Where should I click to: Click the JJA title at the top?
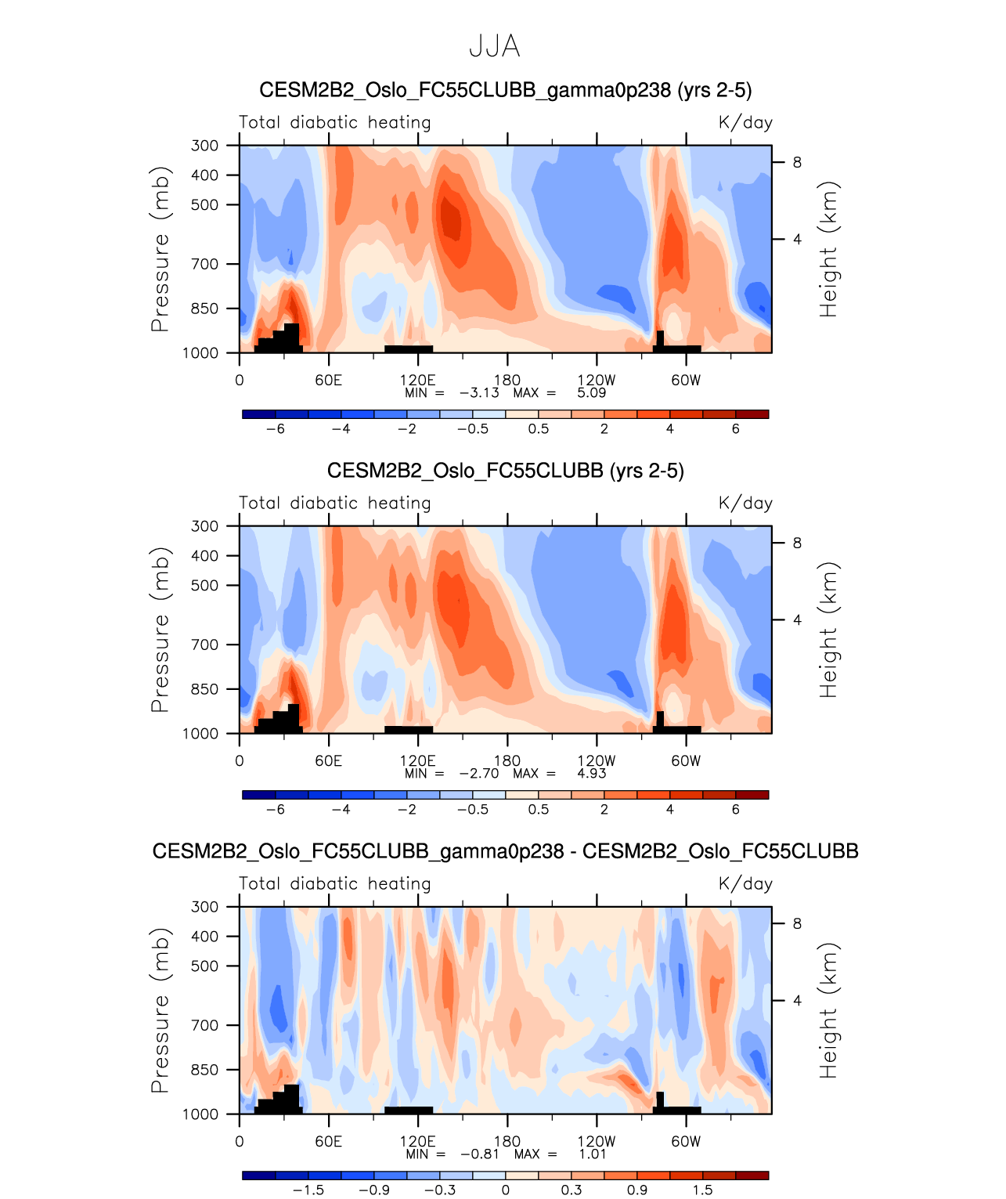click(x=494, y=47)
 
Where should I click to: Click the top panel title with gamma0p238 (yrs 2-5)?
click(x=505, y=90)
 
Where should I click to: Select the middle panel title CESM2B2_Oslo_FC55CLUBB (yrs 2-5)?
click(x=505, y=471)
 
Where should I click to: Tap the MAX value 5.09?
click(x=591, y=392)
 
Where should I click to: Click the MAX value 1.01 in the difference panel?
click(x=593, y=1154)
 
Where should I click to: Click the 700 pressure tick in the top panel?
click(x=205, y=264)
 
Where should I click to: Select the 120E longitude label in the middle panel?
click(x=417, y=760)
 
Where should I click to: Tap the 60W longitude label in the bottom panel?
click(x=686, y=1141)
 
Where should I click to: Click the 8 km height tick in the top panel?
click(x=797, y=162)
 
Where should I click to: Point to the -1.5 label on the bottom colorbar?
click(x=308, y=1190)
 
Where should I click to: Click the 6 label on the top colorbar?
click(x=735, y=428)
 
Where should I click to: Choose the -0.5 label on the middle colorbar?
click(x=472, y=809)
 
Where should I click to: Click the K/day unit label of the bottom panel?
click(x=745, y=883)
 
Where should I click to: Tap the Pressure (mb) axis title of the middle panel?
click(x=160, y=630)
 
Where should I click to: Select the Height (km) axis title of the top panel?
click(x=828, y=249)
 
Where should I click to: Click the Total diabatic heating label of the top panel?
click(x=334, y=122)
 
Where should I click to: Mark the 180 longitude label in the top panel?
click(x=507, y=380)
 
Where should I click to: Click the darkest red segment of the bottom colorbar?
click(x=752, y=1175)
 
